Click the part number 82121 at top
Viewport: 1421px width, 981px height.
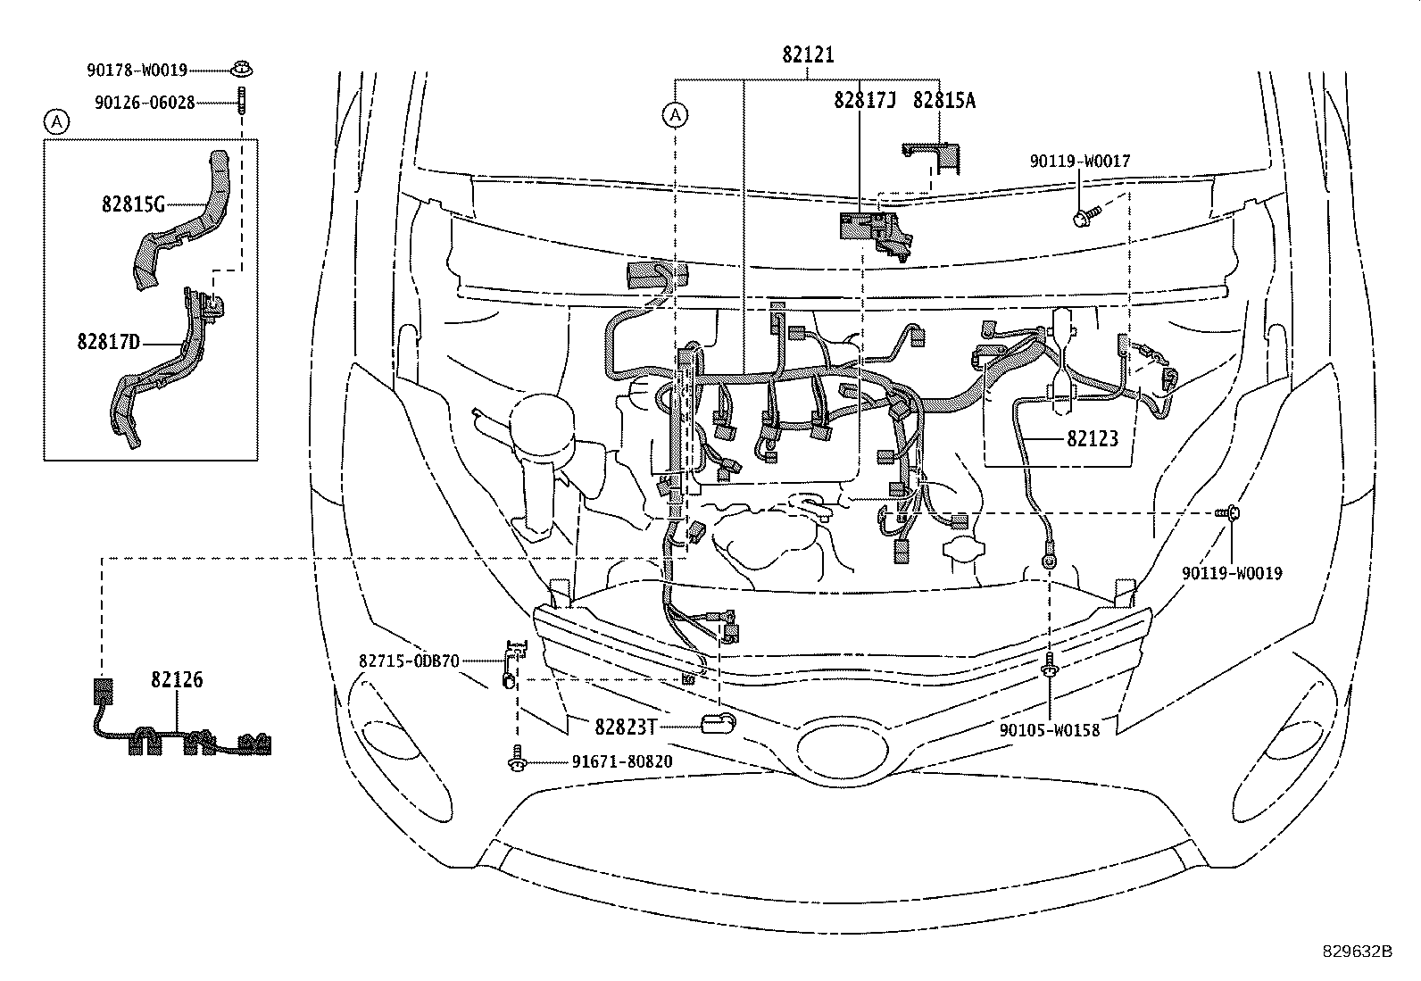click(x=808, y=55)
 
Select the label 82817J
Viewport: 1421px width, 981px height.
click(x=864, y=101)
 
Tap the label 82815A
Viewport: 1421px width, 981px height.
click(x=943, y=101)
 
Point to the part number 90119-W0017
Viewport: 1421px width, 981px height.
click(x=1079, y=162)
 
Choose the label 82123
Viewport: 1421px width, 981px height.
click(x=1092, y=438)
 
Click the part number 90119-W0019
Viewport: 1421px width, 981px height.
click(x=1232, y=574)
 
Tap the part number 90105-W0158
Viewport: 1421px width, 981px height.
click(x=1049, y=729)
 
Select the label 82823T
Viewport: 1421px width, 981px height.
click(x=626, y=727)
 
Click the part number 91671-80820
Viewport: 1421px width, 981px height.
click(x=621, y=762)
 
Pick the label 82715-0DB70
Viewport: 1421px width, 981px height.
click(x=409, y=661)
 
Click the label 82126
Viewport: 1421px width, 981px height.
click(x=176, y=680)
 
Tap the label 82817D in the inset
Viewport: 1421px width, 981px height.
click(x=108, y=341)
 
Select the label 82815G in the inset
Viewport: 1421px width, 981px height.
click(x=133, y=204)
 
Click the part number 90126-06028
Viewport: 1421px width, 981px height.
click(x=144, y=103)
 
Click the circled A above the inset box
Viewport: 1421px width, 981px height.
click(x=56, y=122)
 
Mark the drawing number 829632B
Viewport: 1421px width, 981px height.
click(x=1357, y=952)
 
